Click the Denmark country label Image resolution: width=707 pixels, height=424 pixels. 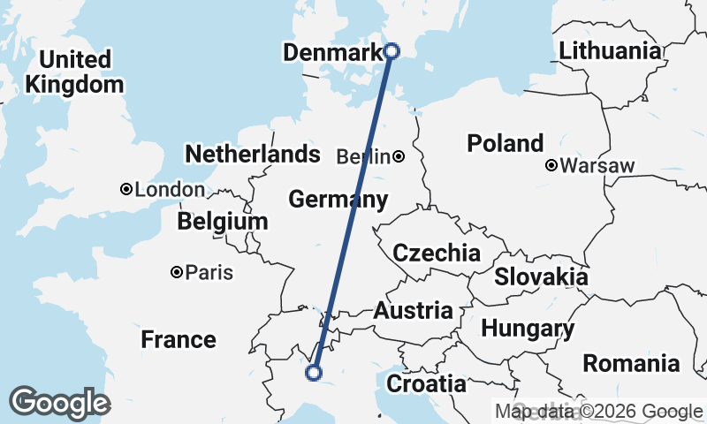coord(331,53)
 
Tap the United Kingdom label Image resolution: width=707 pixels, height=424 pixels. coord(75,72)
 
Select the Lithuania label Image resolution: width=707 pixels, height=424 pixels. coord(610,50)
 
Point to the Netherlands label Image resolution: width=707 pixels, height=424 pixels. coord(252,155)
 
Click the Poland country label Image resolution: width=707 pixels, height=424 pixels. coord(506,143)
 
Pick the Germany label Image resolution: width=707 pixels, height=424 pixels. coord(338,200)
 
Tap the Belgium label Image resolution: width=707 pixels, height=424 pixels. coord(222,221)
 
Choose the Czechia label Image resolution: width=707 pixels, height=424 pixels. coord(437,254)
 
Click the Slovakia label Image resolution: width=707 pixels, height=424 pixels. coord(541,276)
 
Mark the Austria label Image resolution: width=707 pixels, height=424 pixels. coord(414,311)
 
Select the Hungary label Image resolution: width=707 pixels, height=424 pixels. coord(528,329)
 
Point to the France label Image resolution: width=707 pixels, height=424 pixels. coord(179,339)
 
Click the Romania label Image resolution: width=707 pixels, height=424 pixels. coord(631,363)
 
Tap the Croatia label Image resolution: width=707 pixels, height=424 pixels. coord(426,384)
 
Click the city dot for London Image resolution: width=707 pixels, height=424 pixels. coord(126,189)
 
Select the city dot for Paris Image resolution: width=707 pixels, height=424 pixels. coord(177,272)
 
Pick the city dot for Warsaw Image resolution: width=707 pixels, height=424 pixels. coord(551,165)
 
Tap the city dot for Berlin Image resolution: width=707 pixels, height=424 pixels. coord(399,157)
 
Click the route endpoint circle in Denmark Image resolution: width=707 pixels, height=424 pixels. coord(392,51)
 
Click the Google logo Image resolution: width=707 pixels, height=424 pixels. coord(59,403)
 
